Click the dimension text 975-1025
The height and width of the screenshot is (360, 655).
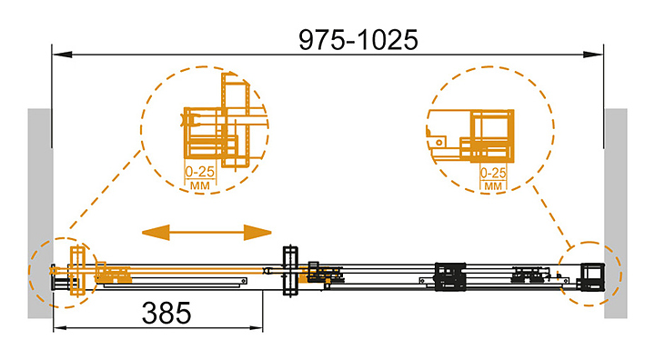pyautogui.click(x=358, y=40)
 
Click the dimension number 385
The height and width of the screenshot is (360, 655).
pyautogui.click(x=166, y=314)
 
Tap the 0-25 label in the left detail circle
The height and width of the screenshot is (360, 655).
pyautogui.click(x=199, y=172)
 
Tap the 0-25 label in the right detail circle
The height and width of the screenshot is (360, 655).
pyautogui.click(x=493, y=173)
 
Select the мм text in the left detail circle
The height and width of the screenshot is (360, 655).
pyautogui.click(x=199, y=185)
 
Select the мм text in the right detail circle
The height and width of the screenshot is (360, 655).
pyautogui.click(x=493, y=185)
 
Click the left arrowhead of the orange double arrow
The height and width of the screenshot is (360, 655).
pyautogui.click(x=156, y=232)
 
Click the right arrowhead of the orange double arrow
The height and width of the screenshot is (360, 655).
pyautogui.click(x=257, y=232)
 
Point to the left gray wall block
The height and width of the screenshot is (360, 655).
pyautogui.click(x=40, y=214)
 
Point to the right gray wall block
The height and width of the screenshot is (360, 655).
pyautogui.click(x=615, y=214)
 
